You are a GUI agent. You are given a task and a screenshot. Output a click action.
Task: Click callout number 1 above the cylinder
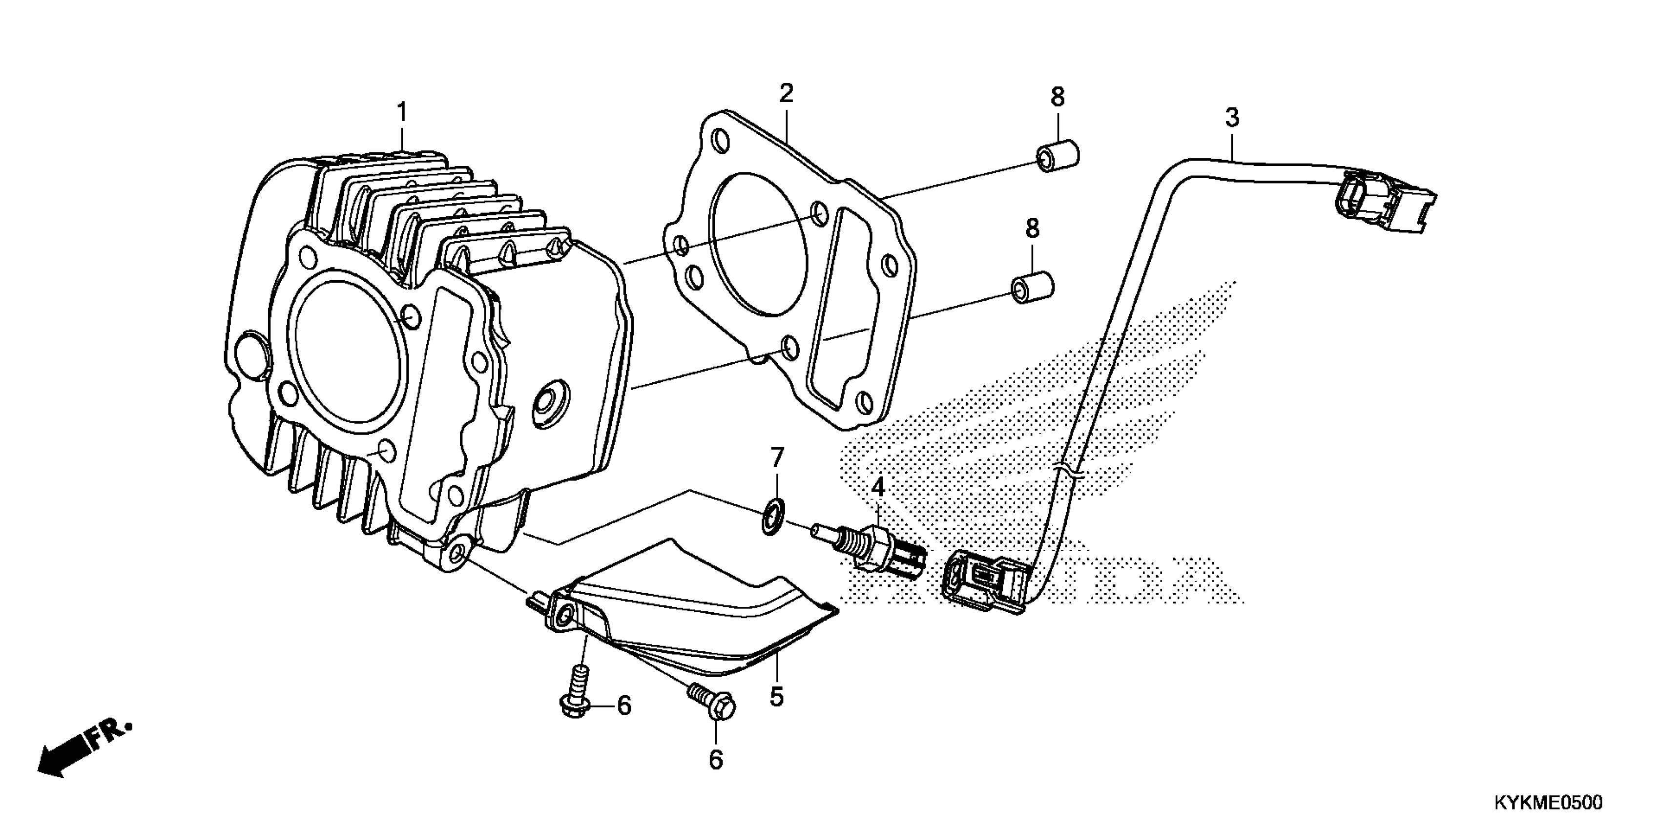[401, 113]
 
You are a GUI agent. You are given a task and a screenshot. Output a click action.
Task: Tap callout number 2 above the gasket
[786, 94]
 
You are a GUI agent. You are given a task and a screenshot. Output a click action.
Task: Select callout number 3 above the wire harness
[1231, 118]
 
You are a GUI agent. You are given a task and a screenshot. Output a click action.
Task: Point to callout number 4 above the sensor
[878, 488]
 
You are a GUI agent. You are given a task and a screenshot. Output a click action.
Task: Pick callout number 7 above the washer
[777, 458]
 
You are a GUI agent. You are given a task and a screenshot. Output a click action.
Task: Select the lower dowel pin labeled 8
[1032, 288]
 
